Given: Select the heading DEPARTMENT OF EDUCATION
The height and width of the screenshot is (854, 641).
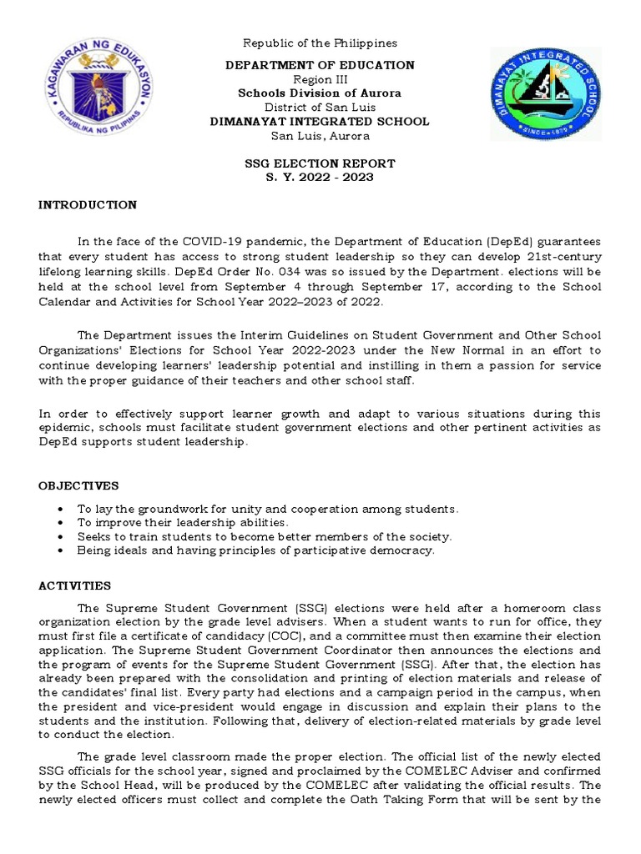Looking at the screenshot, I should tap(320, 65).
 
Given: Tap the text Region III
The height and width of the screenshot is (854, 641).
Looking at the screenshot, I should tap(320, 79).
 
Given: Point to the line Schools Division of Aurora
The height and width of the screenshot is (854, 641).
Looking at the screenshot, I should tap(320, 93).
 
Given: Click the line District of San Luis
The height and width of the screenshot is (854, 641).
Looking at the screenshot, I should tap(320, 108).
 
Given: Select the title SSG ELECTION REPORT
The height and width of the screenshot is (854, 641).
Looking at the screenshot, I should tap(320, 163).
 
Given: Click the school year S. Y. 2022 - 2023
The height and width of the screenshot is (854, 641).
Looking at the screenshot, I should tap(320, 178).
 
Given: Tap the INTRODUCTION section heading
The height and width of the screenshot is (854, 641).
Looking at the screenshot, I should tap(88, 205).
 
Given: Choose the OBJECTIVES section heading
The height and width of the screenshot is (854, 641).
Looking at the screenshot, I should tap(78, 485).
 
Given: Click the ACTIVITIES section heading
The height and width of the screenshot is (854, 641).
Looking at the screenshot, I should tap(74, 586).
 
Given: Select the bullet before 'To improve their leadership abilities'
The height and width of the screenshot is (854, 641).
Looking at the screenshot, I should tap(61, 523).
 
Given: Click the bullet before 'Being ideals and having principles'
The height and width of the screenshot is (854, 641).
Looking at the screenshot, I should tap(61, 551).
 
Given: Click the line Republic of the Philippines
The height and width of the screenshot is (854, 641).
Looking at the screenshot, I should tap(320, 43).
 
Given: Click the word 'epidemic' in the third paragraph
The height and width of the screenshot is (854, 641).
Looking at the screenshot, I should tap(65, 429).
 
